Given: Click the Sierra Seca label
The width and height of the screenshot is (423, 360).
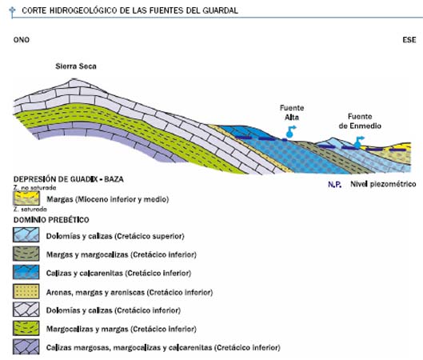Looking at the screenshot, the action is click(76, 66).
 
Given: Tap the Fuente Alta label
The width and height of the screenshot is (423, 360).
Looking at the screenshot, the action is click(292, 113).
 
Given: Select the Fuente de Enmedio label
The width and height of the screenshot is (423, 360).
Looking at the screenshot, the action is click(360, 121).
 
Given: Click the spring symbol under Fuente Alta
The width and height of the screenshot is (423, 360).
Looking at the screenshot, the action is click(290, 132).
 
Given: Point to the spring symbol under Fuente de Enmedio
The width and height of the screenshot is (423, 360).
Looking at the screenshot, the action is click(359, 142).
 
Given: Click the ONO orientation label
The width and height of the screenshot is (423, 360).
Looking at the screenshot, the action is click(22, 40).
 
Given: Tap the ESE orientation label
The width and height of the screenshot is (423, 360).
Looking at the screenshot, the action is click(409, 40).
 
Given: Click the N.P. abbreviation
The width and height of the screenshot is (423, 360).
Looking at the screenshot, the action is click(335, 184).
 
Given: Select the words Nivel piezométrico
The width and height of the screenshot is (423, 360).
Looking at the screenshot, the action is click(383, 184).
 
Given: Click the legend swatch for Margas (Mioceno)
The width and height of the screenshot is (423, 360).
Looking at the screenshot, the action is click(26, 198).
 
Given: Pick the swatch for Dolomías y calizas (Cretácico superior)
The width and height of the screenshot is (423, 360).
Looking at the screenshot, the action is click(26, 234).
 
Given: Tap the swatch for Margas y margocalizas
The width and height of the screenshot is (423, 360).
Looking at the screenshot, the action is click(26, 253).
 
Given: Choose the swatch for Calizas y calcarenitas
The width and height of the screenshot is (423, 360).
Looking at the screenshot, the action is click(26, 272).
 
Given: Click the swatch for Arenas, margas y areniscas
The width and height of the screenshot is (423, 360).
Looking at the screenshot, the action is click(26, 291).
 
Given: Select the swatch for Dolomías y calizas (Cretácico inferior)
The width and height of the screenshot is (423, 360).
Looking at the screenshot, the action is click(26, 310).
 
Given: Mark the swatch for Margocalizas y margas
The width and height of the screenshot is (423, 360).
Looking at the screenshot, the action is click(26, 328).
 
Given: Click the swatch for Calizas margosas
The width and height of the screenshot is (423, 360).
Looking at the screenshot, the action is click(26, 346).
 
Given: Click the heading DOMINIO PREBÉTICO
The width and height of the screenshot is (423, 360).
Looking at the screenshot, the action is click(51, 220).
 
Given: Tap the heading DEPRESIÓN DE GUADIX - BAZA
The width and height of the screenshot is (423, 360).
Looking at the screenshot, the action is click(69, 179).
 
